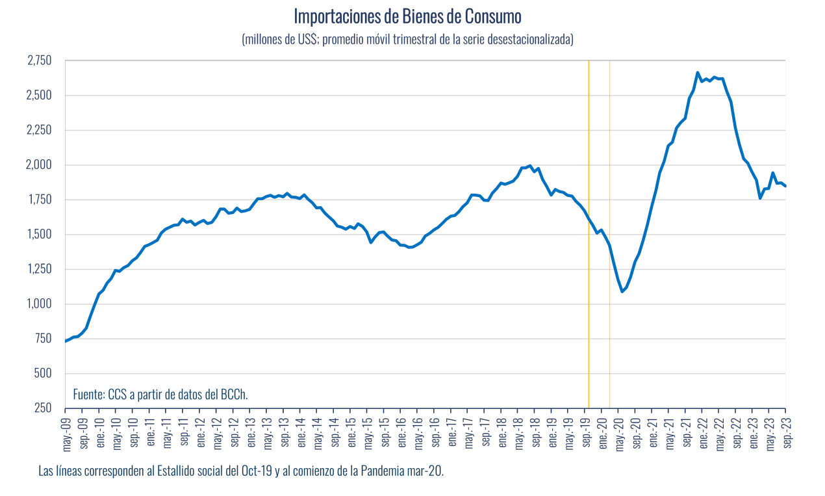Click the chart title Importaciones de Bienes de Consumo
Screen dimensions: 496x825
pos(407,16)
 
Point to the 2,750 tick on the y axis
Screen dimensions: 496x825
pos(39,61)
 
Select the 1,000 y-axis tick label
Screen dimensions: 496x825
pos(39,304)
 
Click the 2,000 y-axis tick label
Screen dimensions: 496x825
pos(39,165)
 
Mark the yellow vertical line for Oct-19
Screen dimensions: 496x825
pos(589,234)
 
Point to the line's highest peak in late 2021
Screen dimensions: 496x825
pos(697,73)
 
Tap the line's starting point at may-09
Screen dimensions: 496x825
pos(66,341)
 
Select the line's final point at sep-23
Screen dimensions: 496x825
pos(785,186)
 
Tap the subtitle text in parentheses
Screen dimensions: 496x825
pos(407,40)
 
